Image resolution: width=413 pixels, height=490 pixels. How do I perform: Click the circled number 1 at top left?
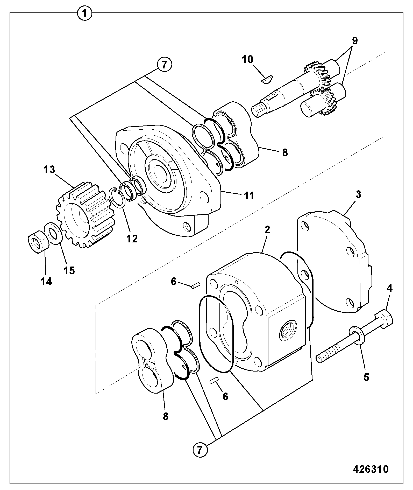point(85,13)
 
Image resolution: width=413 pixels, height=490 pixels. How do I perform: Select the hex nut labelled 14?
point(37,240)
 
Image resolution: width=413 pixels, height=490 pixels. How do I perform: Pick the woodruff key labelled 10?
point(266,79)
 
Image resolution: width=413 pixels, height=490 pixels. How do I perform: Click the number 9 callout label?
point(355,41)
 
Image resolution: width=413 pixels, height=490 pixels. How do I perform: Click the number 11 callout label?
point(249,195)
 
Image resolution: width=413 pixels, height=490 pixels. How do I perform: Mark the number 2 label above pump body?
point(267,229)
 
